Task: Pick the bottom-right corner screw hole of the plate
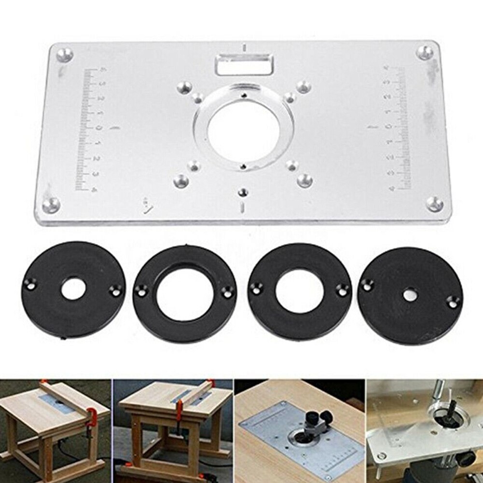[x=434, y=204]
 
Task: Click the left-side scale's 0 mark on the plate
[x=98, y=128]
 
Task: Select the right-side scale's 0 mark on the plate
[x=389, y=127]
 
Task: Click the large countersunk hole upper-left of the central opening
[x=183, y=87]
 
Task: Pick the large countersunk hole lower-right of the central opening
[x=304, y=180]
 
